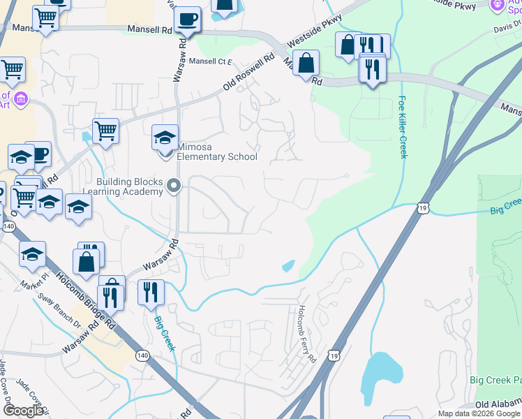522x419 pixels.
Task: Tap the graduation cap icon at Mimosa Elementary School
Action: point(165,136)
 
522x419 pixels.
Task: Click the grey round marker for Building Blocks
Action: point(174,186)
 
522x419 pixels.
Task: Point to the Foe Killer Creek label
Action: point(403,127)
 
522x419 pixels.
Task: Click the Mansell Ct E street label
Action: point(211,61)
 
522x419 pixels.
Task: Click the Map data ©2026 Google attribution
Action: point(479,413)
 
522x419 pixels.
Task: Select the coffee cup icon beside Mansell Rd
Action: point(188,19)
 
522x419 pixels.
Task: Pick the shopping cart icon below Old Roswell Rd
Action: point(105,130)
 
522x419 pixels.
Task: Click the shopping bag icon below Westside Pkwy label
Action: point(306,63)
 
